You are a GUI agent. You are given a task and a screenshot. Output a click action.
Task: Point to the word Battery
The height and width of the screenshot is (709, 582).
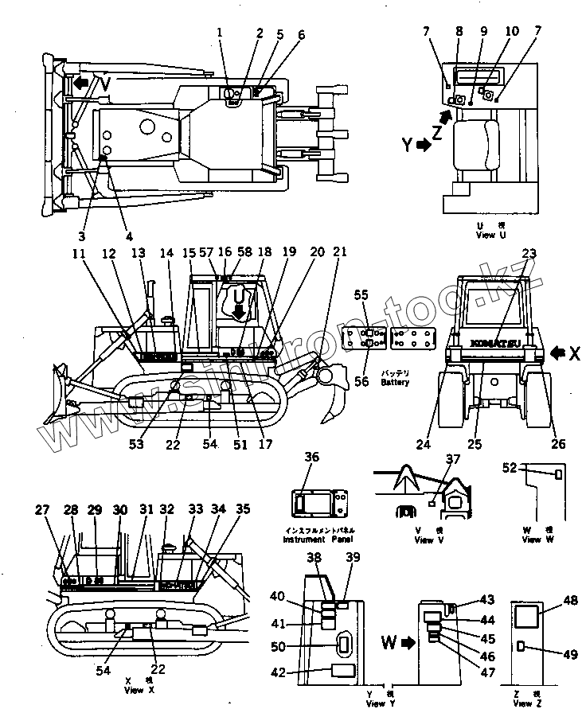[394, 382]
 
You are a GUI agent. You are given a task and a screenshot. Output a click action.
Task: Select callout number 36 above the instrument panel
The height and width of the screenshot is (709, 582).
[311, 457]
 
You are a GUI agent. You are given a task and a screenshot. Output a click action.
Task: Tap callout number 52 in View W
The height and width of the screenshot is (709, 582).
[509, 467]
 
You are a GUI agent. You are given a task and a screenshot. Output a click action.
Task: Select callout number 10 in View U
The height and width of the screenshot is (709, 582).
[511, 31]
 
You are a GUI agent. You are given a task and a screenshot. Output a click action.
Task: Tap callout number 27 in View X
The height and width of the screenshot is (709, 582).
[43, 510]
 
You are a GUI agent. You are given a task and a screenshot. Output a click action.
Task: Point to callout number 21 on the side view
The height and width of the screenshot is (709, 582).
[339, 252]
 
